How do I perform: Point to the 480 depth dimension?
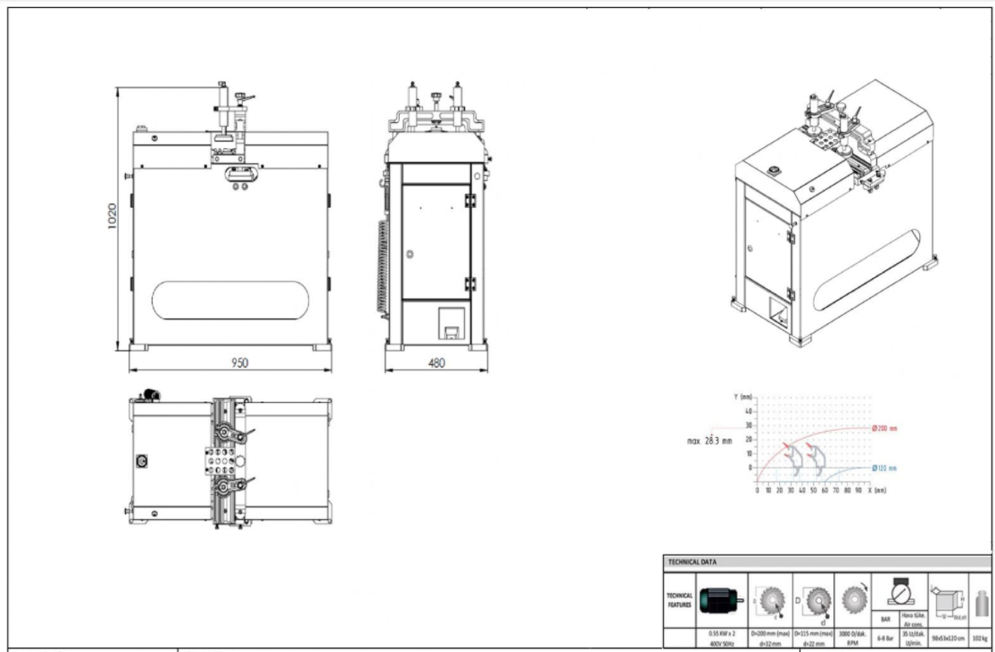pyautogui.click(x=436, y=362)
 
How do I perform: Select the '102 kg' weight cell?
pyautogui.click(x=980, y=638)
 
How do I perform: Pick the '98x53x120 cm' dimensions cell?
pyautogui.click(x=947, y=638)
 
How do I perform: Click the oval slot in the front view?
pyautogui.click(x=229, y=301)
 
